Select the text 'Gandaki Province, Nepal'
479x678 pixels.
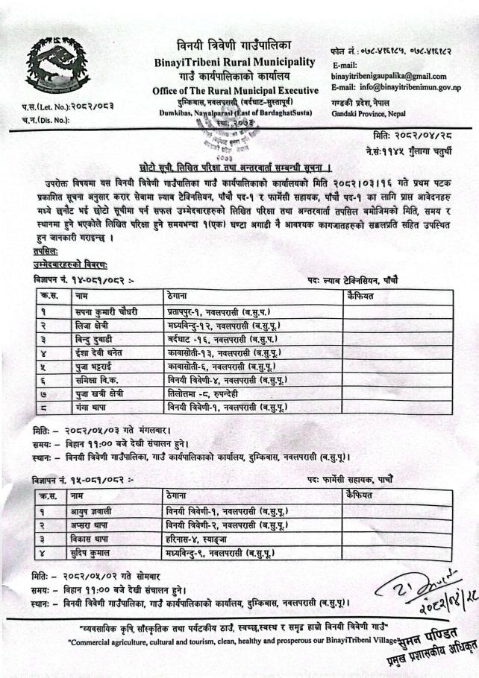(364, 114)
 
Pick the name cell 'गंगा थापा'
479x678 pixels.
(93, 407)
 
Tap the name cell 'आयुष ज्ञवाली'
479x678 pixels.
(100, 512)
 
